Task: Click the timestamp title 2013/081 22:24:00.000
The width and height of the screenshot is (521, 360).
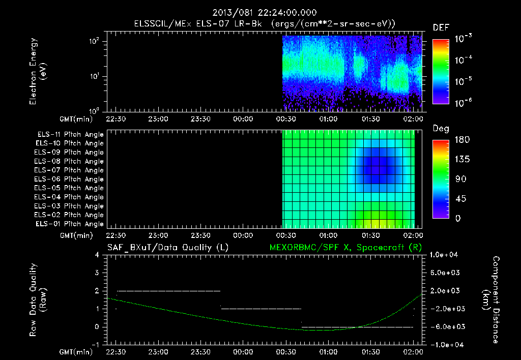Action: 265,13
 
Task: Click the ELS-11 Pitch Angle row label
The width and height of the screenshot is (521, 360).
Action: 70,135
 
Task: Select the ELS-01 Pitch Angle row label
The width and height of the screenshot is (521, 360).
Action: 70,224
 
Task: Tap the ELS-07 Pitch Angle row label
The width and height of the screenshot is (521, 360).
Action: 69,170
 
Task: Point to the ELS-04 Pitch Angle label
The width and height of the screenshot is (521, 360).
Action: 69,197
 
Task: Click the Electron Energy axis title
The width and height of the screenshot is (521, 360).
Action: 38,71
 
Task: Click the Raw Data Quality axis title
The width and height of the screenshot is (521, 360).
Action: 38,300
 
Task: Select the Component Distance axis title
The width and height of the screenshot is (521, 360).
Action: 491,300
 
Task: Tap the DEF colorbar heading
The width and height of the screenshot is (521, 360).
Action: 441,27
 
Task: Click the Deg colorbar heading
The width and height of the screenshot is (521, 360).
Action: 441,129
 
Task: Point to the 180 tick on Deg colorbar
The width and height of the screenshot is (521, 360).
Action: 462,139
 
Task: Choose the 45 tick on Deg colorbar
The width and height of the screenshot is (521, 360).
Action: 460,199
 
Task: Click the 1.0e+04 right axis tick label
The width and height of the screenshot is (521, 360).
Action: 444,255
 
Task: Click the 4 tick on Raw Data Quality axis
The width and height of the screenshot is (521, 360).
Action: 97,255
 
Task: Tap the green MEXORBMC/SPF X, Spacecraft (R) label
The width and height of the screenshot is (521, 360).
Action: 345,248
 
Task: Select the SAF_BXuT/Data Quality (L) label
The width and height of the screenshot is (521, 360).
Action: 168,248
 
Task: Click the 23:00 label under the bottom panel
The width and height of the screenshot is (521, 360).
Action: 158,352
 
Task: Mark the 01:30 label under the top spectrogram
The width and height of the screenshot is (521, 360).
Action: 371,119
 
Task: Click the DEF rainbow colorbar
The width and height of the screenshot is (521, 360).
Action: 441,72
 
